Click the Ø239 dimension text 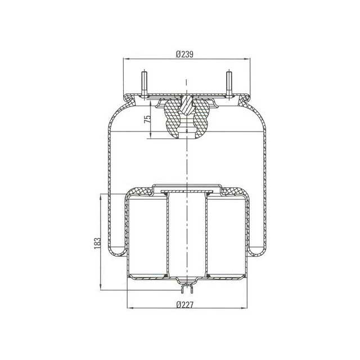[185, 54]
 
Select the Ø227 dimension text [185, 305]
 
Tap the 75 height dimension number [147, 119]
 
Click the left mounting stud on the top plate [143, 82]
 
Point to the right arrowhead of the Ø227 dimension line [243, 309]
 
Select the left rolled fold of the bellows [116, 247]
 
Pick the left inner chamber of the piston [147, 236]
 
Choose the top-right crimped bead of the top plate [242, 99]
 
